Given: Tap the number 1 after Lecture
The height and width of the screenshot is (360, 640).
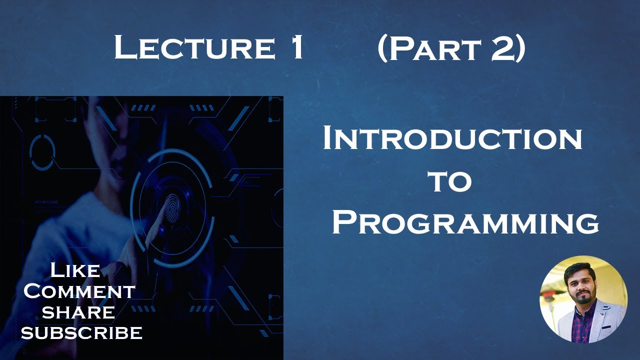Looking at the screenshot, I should point(296,48).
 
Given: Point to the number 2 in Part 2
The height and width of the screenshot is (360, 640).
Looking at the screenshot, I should point(501,48).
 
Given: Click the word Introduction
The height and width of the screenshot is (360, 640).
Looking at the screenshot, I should point(452,139).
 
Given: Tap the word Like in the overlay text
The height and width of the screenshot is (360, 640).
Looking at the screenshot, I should point(75,271).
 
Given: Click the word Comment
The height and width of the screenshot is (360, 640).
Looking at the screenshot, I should point(79,291).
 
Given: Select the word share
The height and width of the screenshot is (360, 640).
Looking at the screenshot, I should point(78,312).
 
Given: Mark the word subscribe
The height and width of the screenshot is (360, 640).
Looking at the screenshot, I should point(81,332).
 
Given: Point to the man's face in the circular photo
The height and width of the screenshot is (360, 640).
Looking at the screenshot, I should point(580,283).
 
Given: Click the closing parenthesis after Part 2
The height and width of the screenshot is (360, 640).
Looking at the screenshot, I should point(519,48).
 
